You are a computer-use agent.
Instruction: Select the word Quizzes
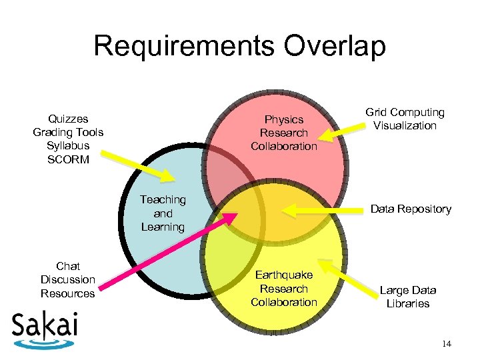click(x=68, y=119)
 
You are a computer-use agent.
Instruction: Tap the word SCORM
click(x=68, y=159)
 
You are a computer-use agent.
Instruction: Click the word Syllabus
click(x=68, y=146)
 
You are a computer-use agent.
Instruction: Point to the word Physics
click(x=284, y=119)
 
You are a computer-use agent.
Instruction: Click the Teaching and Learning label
click(x=163, y=213)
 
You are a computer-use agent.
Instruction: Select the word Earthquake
click(x=284, y=275)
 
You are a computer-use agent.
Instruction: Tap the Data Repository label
click(x=411, y=209)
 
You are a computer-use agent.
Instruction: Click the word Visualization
click(x=405, y=126)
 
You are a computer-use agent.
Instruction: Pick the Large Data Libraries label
click(x=407, y=297)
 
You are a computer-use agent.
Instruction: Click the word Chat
click(x=67, y=266)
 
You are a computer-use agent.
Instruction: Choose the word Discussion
click(x=67, y=279)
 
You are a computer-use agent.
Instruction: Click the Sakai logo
click(x=45, y=328)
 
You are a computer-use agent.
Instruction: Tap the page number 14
click(x=446, y=343)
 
